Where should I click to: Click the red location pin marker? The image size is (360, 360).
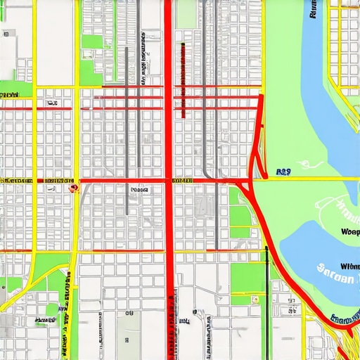[72, 187]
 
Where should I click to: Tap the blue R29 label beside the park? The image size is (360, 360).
[284, 171]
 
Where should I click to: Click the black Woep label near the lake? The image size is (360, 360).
[349, 232]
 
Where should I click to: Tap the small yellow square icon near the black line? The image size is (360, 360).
[256, 300]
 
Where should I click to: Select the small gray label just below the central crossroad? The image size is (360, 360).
[138, 189]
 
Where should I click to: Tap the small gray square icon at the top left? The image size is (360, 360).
[9, 32]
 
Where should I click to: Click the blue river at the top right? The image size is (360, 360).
[316, 84]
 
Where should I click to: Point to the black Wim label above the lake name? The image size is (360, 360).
[348, 266]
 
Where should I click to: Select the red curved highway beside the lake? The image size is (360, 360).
[281, 246]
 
